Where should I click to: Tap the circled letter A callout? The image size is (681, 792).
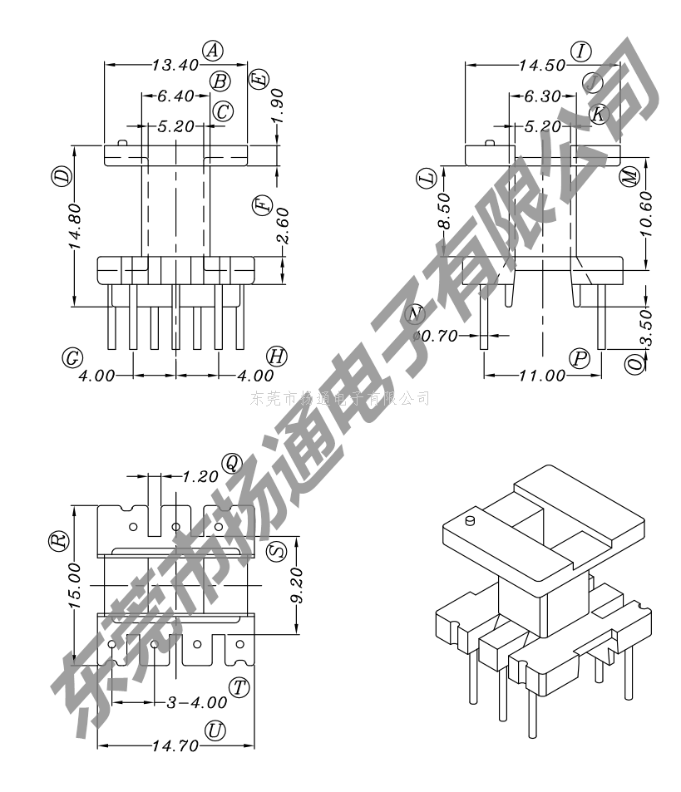pyautogui.click(x=214, y=51)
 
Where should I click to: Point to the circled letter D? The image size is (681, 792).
pyautogui.click(x=61, y=176)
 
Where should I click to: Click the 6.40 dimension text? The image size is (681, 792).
pyautogui.click(x=175, y=96)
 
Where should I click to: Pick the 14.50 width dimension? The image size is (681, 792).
pyautogui.click(x=541, y=65)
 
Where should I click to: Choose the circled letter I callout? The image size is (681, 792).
pyautogui.click(x=581, y=51)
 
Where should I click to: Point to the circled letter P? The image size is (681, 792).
pyautogui.click(x=580, y=358)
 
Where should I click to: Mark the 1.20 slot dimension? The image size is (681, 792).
pyautogui.click(x=200, y=477)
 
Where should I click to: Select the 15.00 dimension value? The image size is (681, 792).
pyautogui.click(x=75, y=585)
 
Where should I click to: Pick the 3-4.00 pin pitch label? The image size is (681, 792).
pyautogui.click(x=185, y=702)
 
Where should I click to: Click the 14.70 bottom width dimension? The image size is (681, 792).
pyautogui.click(x=175, y=745)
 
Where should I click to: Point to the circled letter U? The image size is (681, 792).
pyautogui.click(x=216, y=731)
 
